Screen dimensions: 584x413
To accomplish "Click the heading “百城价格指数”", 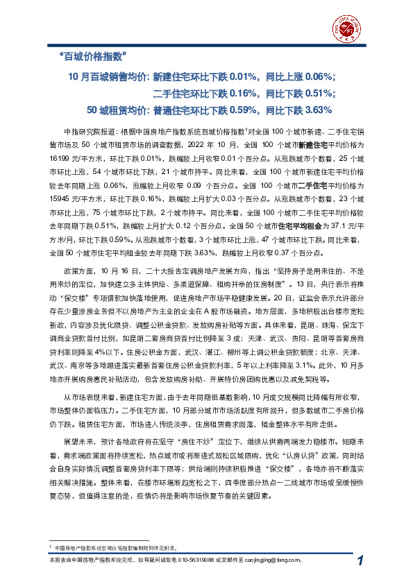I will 92,55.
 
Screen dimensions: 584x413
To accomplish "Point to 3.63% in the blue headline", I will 319,110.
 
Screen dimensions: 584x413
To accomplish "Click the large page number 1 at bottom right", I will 360,560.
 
